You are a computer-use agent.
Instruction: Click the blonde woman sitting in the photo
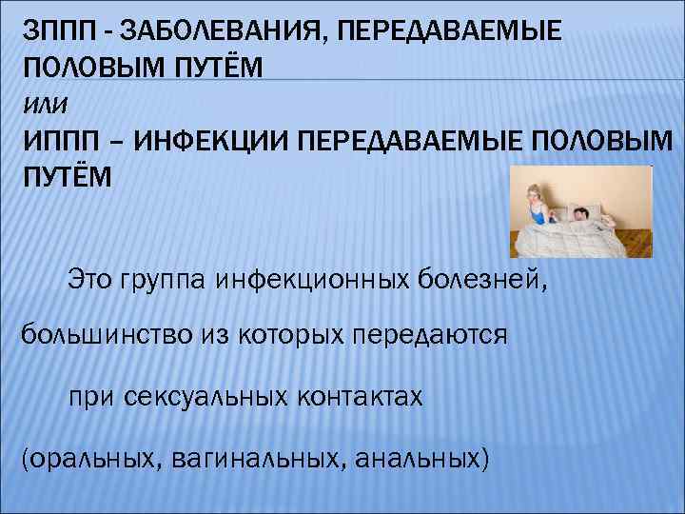536,205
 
